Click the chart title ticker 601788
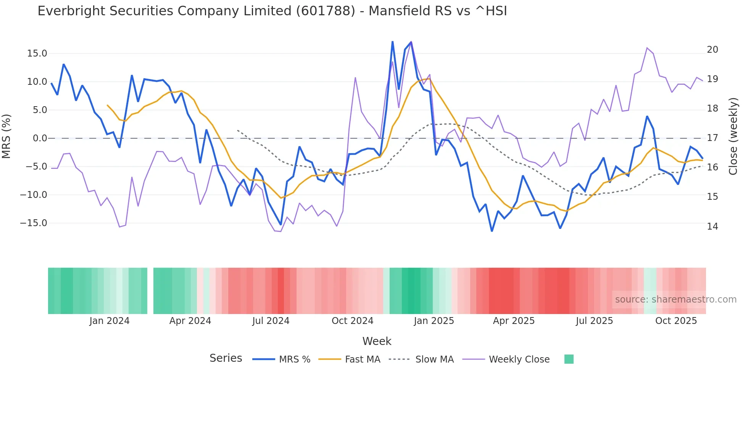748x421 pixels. pyautogui.click(x=326, y=11)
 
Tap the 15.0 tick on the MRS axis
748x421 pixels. pyautogui.click(x=37, y=53)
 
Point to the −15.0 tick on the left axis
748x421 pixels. pyautogui.click(x=34, y=223)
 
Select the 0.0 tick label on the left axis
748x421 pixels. pyautogui.click(x=40, y=138)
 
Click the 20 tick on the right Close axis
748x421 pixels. pyautogui.click(x=712, y=50)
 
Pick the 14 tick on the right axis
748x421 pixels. pyautogui.click(x=712, y=227)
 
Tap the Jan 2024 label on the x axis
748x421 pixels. pyautogui.click(x=110, y=321)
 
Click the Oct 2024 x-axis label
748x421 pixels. pyautogui.click(x=352, y=321)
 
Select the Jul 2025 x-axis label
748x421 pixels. pyautogui.click(x=594, y=321)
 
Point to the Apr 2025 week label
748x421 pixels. pyautogui.click(x=514, y=321)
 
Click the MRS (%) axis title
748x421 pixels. pyautogui.click(x=6, y=136)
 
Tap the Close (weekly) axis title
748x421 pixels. pyautogui.click(x=733, y=136)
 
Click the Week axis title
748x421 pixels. pyautogui.click(x=377, y=341)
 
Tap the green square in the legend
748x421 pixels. pyautogui.click(x=569, y=359)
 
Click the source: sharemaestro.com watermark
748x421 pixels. pyautogui.click(x=675, y=300)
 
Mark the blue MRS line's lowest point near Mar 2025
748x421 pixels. pyautogui.click(x=492, y=231)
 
